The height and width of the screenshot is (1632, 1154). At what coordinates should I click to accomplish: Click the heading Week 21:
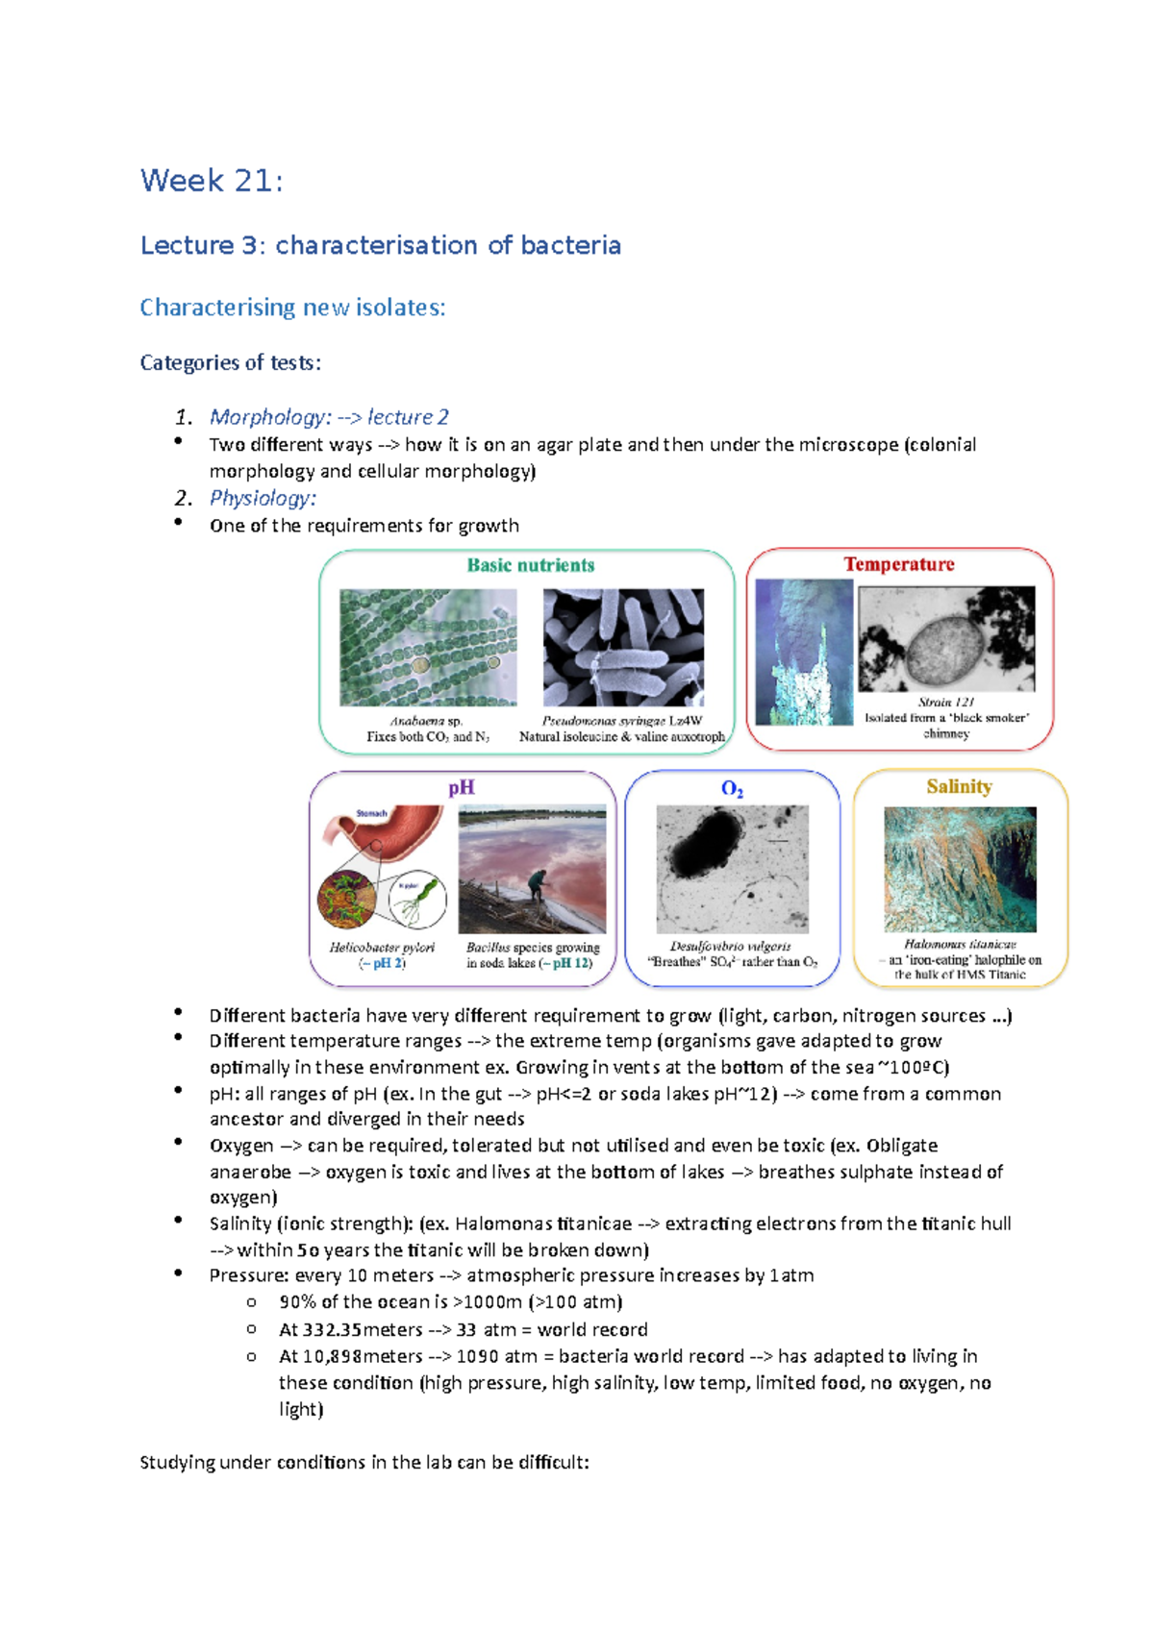[212, 181]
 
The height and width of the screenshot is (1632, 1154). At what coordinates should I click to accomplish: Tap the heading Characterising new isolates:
[292, 308]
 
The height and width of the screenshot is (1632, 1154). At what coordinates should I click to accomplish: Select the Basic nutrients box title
[530, 565]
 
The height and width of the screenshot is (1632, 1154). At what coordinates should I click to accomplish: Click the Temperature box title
[899, 564]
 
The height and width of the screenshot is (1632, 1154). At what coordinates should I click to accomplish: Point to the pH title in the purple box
[462, 787]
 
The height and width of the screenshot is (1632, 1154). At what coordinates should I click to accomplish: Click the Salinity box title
[959, 786]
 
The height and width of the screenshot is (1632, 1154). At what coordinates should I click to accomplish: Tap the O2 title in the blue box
[732, 789]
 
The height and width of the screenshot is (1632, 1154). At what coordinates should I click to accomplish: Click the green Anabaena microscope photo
[428, 647]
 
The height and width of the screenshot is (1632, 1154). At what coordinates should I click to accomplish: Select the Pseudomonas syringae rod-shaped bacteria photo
[623, 647]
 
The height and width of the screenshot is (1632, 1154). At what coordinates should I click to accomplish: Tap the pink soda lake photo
[532, 868]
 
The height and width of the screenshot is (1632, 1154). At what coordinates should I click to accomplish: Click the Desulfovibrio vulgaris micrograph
[732, 868]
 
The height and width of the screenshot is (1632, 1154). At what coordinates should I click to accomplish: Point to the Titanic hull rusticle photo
[960, 868]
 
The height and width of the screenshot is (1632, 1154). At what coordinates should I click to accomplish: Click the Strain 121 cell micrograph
[946, 638]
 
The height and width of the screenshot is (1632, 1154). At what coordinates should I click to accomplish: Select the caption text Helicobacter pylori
[382, 947]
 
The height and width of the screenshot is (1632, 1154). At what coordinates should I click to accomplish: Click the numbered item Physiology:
[263, 498]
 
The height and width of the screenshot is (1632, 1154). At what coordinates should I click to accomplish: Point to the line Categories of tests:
[230, 362]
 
